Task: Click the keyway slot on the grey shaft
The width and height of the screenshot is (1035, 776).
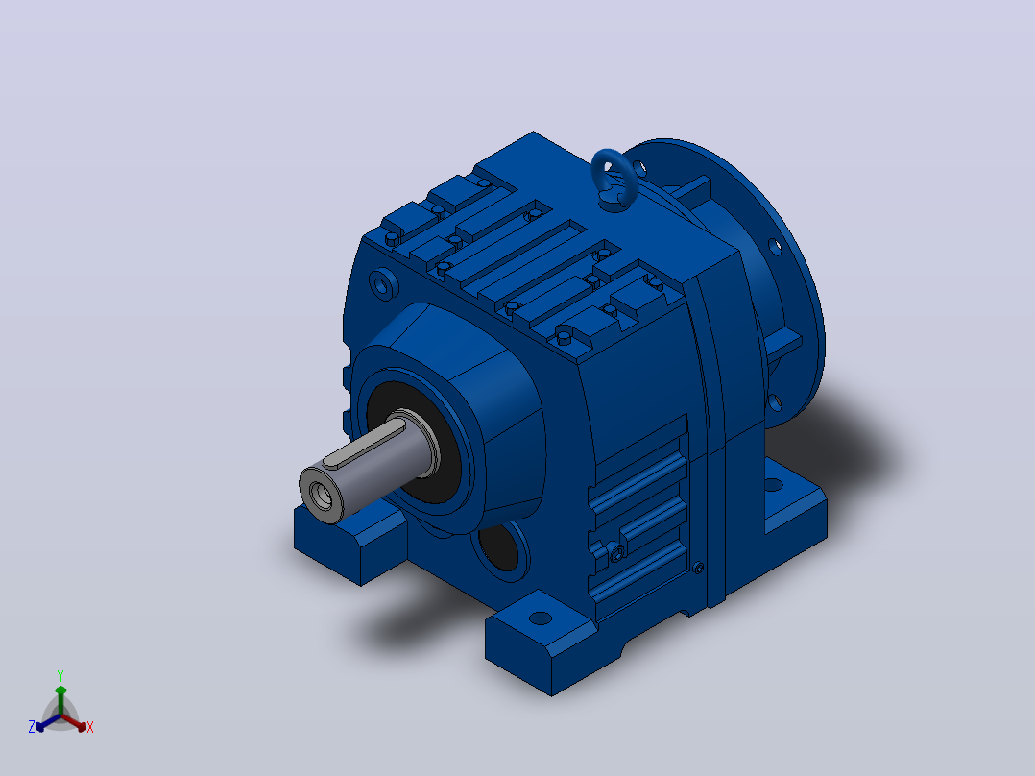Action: pyautogui.click(x=365, y=445)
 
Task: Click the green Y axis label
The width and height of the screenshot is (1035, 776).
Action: pyautogui.click(x=60, y=675)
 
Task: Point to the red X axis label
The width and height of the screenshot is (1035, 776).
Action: pyautogui.click(x=90, y=727)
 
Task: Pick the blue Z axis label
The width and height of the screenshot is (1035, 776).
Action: pyautogui.click(x=31, y=727)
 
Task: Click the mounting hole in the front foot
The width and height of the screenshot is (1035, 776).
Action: pyautogui.click(x=541, y=618)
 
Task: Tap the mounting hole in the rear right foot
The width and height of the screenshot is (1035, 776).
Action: pyautogui.click(x=774, y=486)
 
